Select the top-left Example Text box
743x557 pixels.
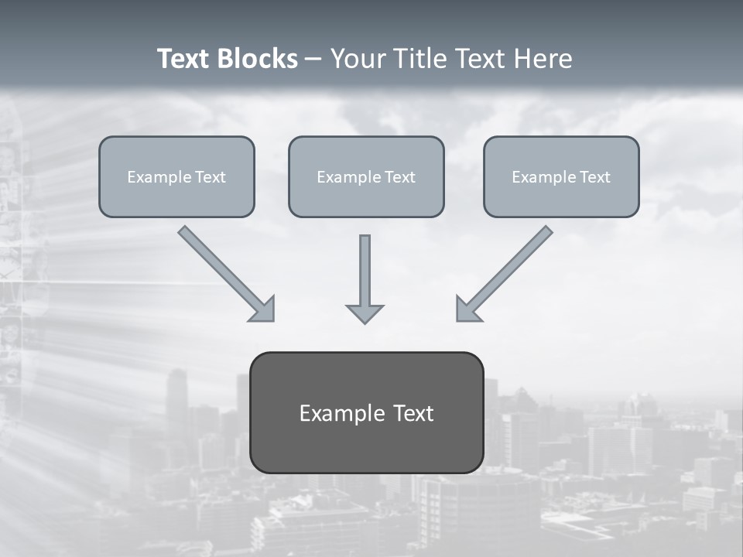pyautogui.click(x=176, y=176)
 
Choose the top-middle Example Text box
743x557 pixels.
pyautogui.click(x=366, y=176)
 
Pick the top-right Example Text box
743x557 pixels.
pyautogui.click(x=561, y=176)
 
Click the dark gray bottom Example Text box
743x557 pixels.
pyautogui.click(x=366, y=412)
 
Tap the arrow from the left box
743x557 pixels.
pyautogui.click(x=224, y=272)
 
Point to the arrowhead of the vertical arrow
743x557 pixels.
pyautogui.click(x=365, y=313)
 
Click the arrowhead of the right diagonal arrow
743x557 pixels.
pyautogui.click(x=467, y=309)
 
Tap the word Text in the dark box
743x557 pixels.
pyautogui.click(x=413, y=413)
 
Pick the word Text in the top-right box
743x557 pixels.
pyautogui.click(x=594, y=177)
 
